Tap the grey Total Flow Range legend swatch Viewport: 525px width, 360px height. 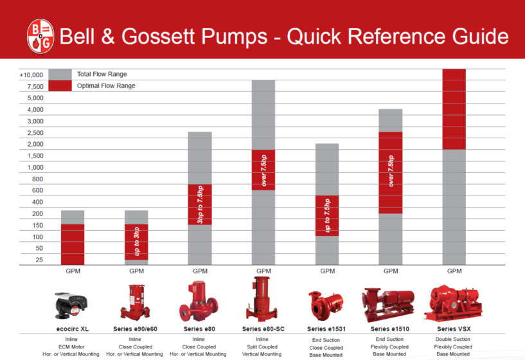pyautogui.click(x=60, y=74)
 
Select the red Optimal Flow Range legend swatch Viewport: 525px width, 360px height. pyautogui.click(x=60, y=85)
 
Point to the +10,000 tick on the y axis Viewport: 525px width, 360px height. pyautogui.click(x=31, y=75)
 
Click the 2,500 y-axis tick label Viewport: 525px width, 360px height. pyautogui.click(x=35, y=132)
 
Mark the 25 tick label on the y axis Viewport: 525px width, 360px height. pyautogui.click(x=39, y=260)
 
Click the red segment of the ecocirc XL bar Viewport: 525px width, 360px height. pyautogui.click(x=73, y=244)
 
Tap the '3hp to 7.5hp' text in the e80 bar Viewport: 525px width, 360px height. pyautogui.click(x=200, y=204)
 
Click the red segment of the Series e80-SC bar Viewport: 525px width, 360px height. pyautogui.click(x=263, y=170)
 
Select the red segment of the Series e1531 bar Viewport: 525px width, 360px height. pyautogui.click(x=327, y=215)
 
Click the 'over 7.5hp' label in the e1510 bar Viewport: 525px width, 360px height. pyautogui.click(x=391, y=171)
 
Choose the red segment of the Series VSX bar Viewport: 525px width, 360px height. pyautogui.click(x=454, y=109)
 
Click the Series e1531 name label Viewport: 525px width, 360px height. pyautogui.click(x=326, y=328)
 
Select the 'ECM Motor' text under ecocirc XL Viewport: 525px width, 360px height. pyautogui.click(x=72, y=346)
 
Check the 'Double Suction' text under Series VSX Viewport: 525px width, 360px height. pyautogui.click(x=454, y=339)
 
